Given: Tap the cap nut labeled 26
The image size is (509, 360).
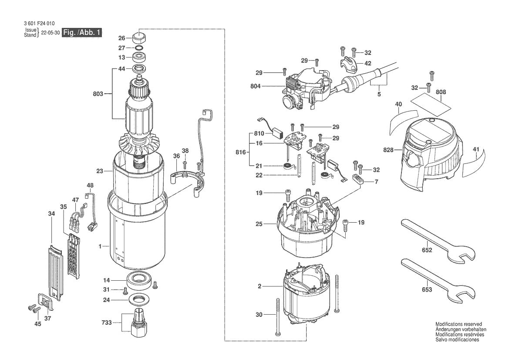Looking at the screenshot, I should [x=139, y=37].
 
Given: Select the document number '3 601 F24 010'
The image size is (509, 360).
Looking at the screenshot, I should [x=37, y=24].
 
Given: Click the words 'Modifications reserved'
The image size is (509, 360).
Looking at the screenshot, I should [x=458, y=325].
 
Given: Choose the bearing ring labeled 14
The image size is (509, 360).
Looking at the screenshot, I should [x=139, y=280].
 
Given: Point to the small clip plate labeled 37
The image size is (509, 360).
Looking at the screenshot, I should [x=46, y=301].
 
